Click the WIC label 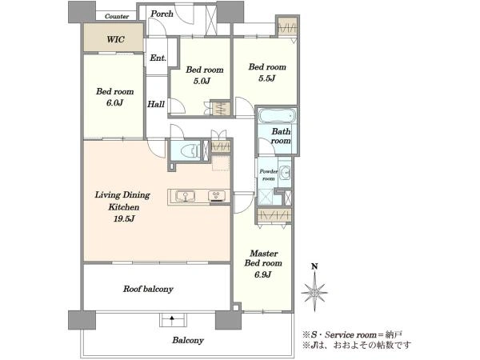pos(116,39)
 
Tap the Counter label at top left pos(117,16)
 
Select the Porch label pos(162,14)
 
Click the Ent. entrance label pos(158,58)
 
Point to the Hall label pos(156,104)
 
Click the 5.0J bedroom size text pos(202,81)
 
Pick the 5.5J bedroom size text pos(267,78)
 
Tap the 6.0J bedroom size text pos(114,103)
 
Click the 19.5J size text pos(124,218)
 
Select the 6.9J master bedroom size pos(263,274)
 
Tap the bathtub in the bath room pos(277,116)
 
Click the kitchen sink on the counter pos(185,196)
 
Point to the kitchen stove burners pos(217,196)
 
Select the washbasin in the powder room pos(285,173)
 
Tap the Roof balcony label pos(148,289)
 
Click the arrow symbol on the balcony pos(172,321)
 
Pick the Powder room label pos(269,174)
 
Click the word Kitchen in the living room pos(124,207)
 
